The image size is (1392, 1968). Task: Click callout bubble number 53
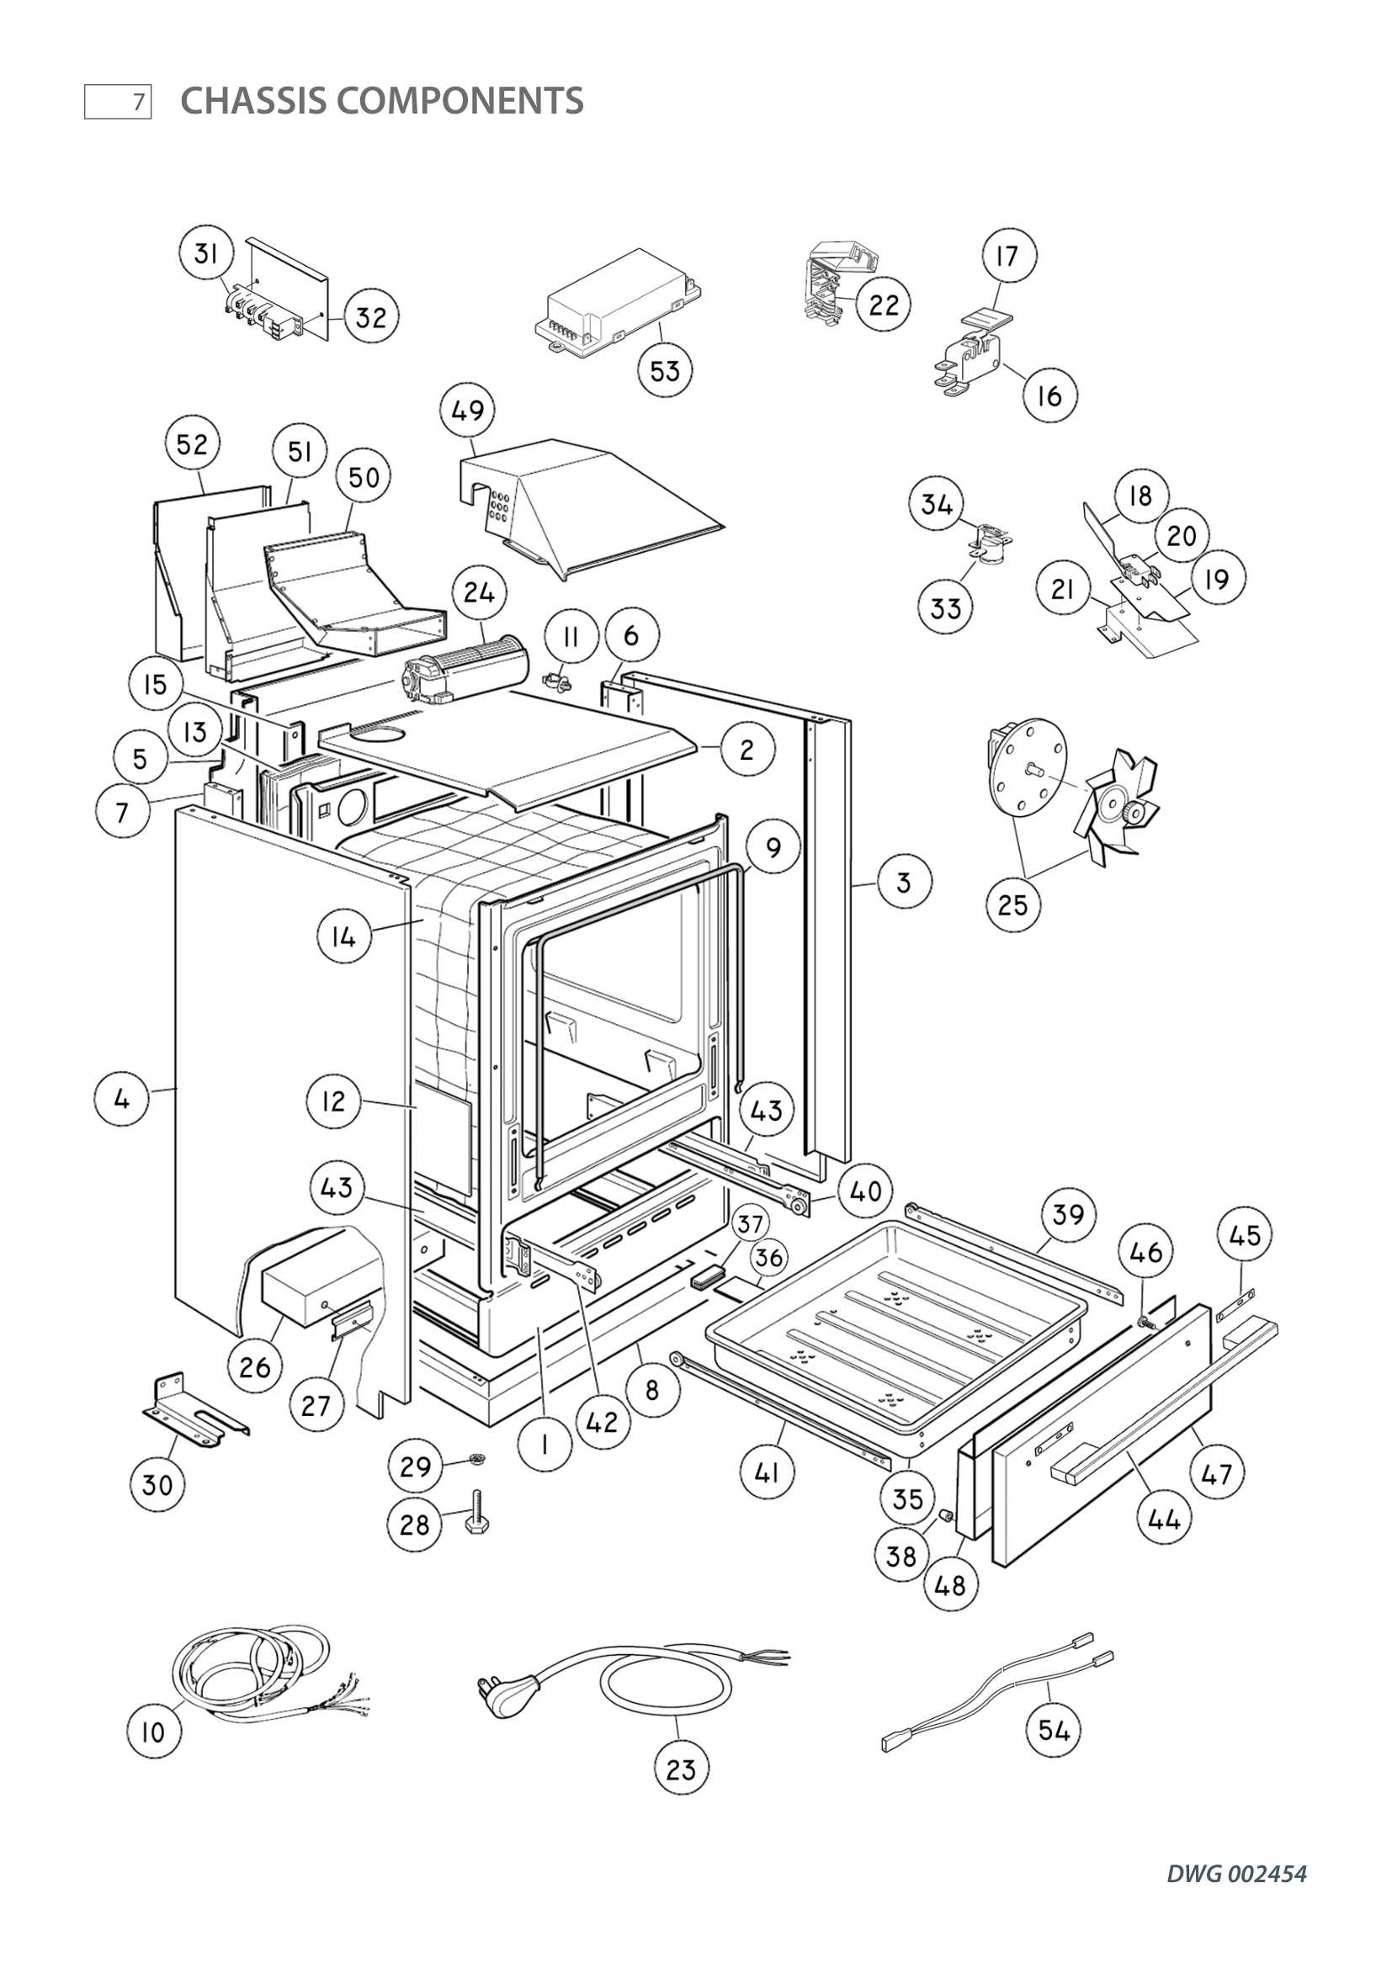click(x=665, y=371)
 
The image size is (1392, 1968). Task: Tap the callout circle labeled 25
click(x=1013, y=904)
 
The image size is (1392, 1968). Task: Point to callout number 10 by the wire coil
click(x=152, y=1732)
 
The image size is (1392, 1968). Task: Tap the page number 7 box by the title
click(x=119, y=102)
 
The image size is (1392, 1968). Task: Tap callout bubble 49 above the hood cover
click(x=468, y=410)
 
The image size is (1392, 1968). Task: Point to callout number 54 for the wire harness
click(x=1054, y=1731)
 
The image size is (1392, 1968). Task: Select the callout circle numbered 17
click(x=1008, y=256)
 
